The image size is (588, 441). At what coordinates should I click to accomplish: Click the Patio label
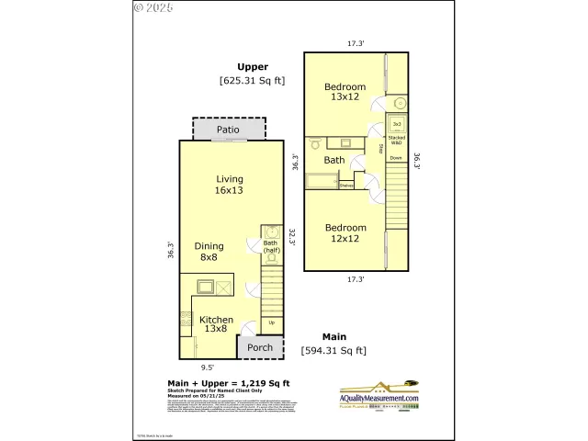(228, 130)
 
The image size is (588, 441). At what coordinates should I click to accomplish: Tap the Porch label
(260, 347)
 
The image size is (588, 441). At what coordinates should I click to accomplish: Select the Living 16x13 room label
(229, 185)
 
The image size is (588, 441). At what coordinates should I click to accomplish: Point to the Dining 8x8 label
(209, 252)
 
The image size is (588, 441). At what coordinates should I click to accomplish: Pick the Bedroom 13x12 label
(345, 93)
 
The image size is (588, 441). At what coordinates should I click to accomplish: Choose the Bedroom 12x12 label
(345, 232)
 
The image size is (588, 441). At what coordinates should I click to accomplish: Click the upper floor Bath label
(334, 160)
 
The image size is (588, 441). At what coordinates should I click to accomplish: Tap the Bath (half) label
(271, 247)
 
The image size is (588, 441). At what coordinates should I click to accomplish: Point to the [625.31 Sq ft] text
(252, 81)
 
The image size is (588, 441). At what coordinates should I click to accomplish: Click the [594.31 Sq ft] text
(334, 350)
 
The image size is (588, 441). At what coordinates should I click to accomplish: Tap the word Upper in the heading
(252, 66)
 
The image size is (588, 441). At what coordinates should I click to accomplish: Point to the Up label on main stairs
(270, 322)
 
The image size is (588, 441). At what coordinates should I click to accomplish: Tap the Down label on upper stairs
(396, 158)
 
